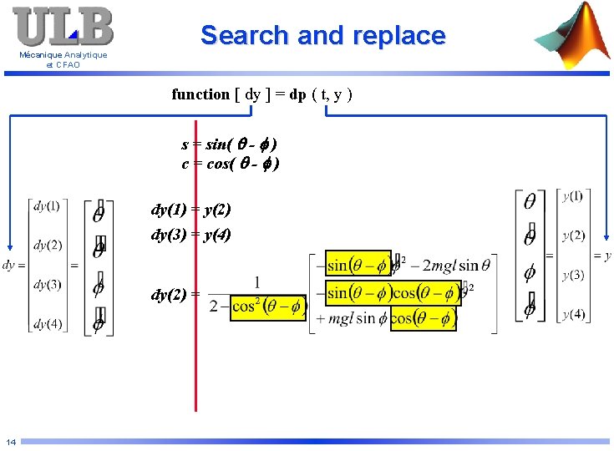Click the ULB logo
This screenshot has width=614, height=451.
point(63,27)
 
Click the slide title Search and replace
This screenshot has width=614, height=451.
point(322,36)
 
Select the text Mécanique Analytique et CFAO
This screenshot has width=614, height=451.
point(63,60)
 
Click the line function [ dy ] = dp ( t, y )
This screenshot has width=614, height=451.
point(262,94)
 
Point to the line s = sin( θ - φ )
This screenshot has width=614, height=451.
point(229,144)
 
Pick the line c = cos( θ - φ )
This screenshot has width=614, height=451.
point(230,164)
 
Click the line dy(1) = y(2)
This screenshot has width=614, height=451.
point(190,210)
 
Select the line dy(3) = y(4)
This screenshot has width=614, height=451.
point(190,235)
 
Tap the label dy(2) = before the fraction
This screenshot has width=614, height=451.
point(175,294)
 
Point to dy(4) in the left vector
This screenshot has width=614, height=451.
point(47,324)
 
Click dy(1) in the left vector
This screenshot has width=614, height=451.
point(47,205)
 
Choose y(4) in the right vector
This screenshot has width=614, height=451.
point(573,314)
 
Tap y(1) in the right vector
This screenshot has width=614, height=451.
point(573,195)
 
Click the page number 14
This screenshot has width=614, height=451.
point(10,442)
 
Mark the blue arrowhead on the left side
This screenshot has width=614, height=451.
point(9,247)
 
